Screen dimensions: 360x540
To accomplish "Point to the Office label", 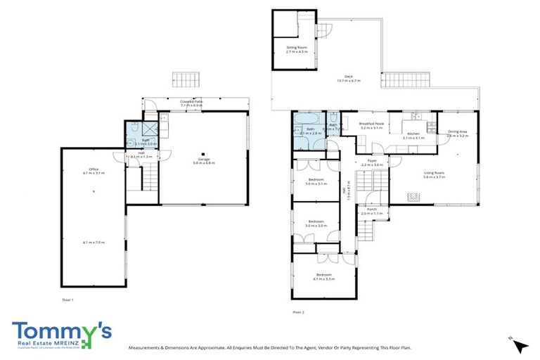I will [94, 168].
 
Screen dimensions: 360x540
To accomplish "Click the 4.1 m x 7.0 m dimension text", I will [94, 243].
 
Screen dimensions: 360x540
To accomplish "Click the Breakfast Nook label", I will [372, 124].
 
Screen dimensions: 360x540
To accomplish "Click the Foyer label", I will [372, 161].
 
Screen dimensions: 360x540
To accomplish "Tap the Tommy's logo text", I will [62, 332].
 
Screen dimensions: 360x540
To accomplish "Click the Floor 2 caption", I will [298, 311].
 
